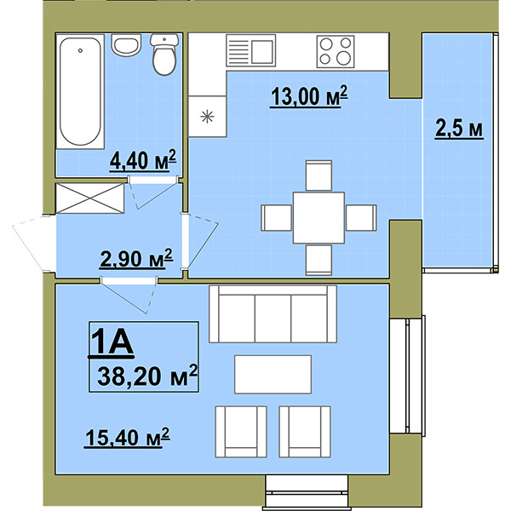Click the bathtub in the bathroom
point(80,92)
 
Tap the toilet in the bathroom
point(164,55)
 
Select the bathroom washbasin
point(126,44)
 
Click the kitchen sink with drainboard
point(250,50)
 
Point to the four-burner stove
point(336,51)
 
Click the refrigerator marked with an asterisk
point(207,117)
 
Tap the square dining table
point(319,218)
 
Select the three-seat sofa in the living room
point(273,314)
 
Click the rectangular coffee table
point(273,375)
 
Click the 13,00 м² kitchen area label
point(309,96)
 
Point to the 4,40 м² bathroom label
point(143,160)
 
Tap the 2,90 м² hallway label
point(136,259)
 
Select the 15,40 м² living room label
point(127,438)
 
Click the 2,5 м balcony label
point(459,129)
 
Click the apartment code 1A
point(112,342)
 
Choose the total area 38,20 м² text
point(147,376)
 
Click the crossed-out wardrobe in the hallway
point(90,198)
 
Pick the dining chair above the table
point(319,175)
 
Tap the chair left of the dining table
point(276,218)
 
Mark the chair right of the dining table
point(361,218)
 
